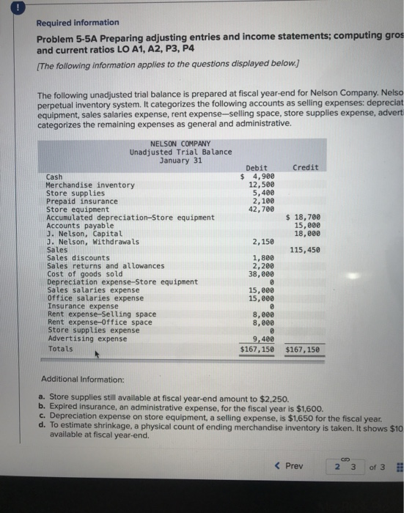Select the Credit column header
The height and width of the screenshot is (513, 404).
pos(304,168)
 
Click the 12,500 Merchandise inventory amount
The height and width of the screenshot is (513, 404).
pos(261,185)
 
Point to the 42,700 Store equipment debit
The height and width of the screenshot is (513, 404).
pos(261,209)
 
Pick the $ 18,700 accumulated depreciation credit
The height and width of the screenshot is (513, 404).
pos(306,218)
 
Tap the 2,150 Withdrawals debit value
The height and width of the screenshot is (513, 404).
pos(262,242)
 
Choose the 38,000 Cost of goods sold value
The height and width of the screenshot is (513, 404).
pos(261,273)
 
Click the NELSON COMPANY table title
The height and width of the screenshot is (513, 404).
pos(180,144)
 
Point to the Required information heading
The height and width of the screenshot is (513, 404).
pos(78,23)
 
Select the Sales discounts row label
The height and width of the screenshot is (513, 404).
pos(78,258)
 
